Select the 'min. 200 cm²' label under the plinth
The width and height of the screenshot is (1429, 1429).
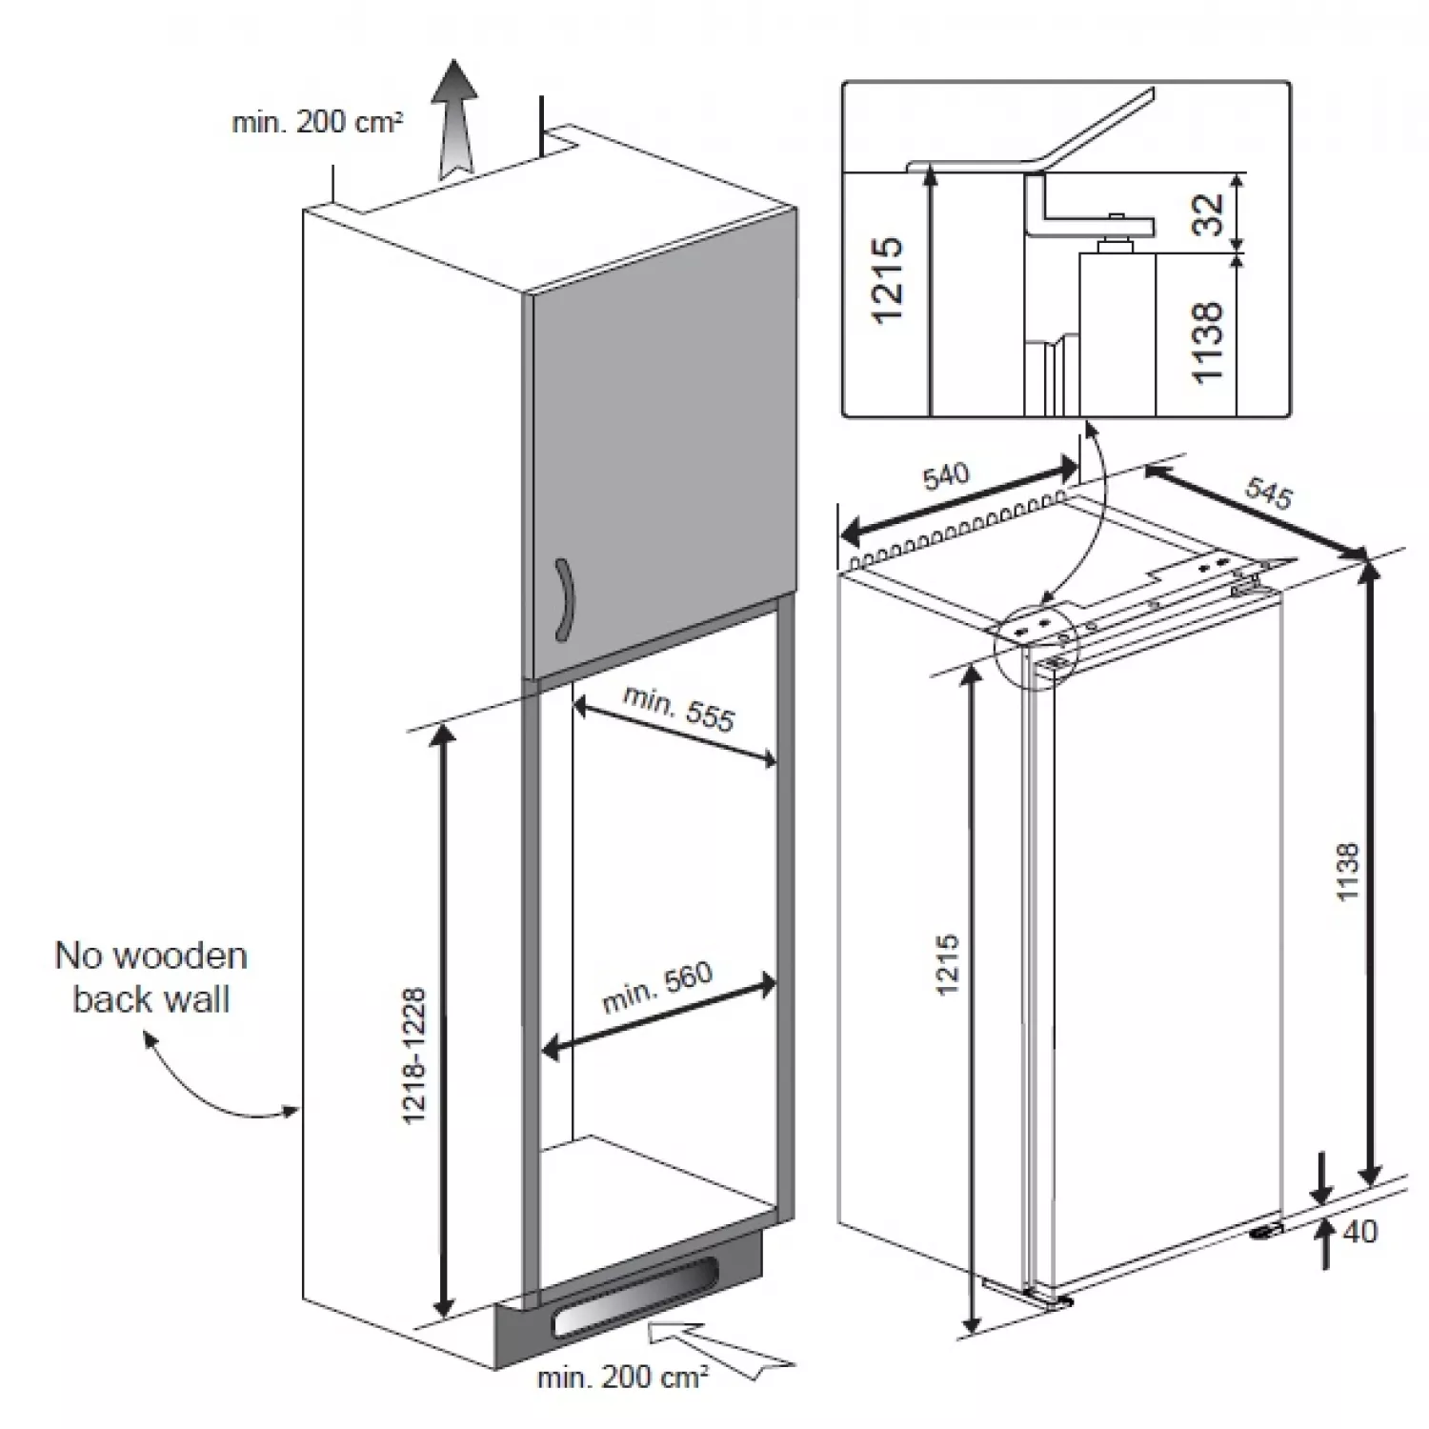(622, 1377)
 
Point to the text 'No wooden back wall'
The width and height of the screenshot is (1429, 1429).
(151, 977)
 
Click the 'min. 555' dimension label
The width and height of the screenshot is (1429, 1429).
(678, 709)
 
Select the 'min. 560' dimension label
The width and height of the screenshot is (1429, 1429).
(657, 987)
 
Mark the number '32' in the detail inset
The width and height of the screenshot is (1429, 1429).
(1207, 214)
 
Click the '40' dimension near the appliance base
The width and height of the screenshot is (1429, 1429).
(1359, 1232)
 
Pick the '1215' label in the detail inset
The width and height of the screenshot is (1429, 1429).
(886, 279)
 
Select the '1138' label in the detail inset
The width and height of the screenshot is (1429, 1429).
(1207, 341)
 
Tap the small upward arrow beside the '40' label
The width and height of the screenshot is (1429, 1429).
(1324, 1246)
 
